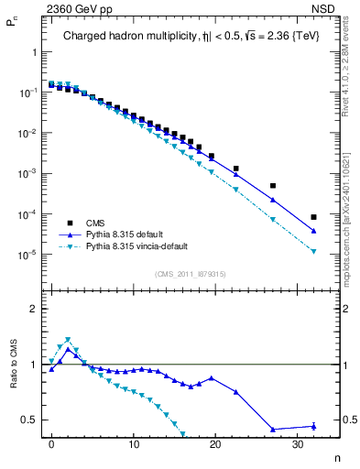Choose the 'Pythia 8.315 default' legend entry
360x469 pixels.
(133, 234)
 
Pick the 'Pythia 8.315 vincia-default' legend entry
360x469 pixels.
(147, 246)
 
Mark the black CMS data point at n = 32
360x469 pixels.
(313, 217)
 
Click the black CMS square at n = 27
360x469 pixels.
(273, 186)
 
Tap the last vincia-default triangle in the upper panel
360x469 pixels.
(313, 251)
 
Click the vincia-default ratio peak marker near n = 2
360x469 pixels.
(68, 340)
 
